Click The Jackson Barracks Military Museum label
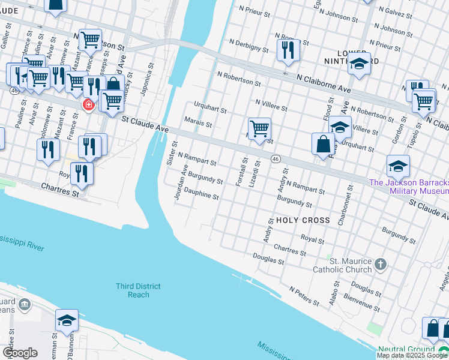(408, 187)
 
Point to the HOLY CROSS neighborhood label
(303, 220)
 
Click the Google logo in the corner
(20, 353)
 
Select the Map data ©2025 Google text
(412, 355)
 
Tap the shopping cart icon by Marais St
(259, 128)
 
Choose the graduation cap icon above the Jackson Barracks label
(398, 166)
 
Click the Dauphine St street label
(202, 196)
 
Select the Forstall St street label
(244, 171)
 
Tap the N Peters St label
(303, 294)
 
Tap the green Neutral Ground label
(406, 350)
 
